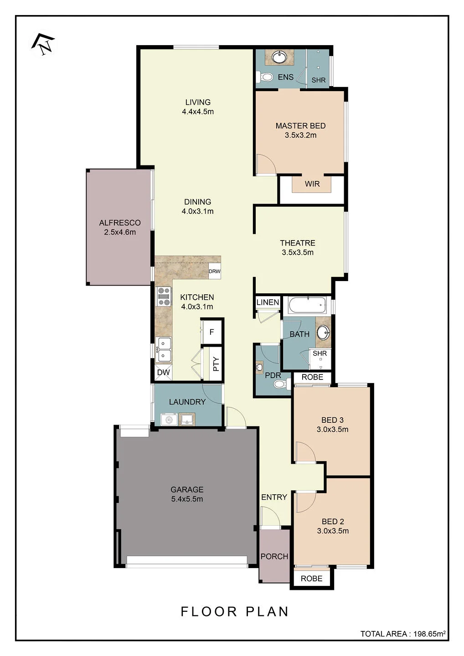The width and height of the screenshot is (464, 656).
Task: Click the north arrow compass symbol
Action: pos(43,45)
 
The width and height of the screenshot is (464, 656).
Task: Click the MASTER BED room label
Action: pos(300,126)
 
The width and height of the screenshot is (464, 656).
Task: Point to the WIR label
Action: pos(312,184)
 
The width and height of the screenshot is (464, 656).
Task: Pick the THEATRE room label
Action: pos(298,243)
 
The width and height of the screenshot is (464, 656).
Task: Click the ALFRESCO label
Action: pos(120,223)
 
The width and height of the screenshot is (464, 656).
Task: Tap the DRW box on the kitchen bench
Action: pos(214,271)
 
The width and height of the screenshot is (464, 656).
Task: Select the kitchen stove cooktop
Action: pos(164,297)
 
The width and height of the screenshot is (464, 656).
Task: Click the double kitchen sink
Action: pos(164,350)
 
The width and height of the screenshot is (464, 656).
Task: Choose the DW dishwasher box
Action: pos(163,372)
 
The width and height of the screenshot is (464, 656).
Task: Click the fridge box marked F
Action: pos(211,332)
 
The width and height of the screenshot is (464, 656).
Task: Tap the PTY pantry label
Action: pos(216,364)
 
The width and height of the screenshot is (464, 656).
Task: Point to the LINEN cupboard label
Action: pos(268,302)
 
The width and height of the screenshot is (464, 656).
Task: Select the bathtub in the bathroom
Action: pos(307,305)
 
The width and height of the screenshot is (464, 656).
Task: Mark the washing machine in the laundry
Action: pos(169,420)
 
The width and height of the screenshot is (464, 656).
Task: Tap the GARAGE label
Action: pos(187,489)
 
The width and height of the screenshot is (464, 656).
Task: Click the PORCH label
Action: pos(274,556)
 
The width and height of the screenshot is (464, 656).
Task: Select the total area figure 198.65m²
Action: pos(429,634)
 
